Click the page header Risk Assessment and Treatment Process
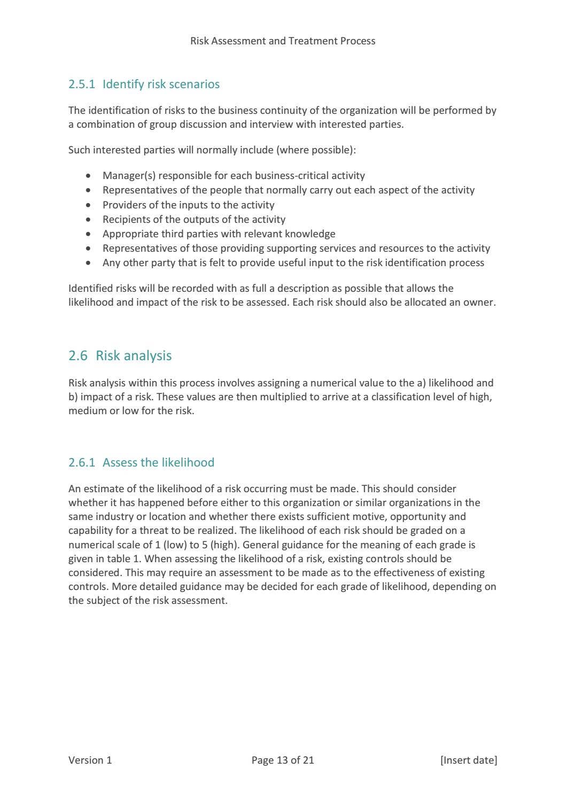click(x=283, y=41)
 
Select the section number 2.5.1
click(x=81, y=84)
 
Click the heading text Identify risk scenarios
click(x=161, y=84)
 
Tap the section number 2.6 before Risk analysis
click(x=77, y=356)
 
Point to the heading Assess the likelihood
click(x=158, y=463)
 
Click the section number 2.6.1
click(x=81, y=463)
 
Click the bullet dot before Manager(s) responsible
click(x=89, y=176)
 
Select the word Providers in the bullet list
click(x=123, y=205)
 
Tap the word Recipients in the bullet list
click(x=126, y=220)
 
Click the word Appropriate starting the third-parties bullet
click(x=129, y=234)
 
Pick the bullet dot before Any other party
click(x=89, y=263)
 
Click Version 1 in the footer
click(x=90, y=760)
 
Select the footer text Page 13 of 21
click(x=283, y=760)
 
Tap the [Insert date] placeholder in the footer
click(x=468, y=760)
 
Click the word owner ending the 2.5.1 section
click(x=480, y=302)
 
